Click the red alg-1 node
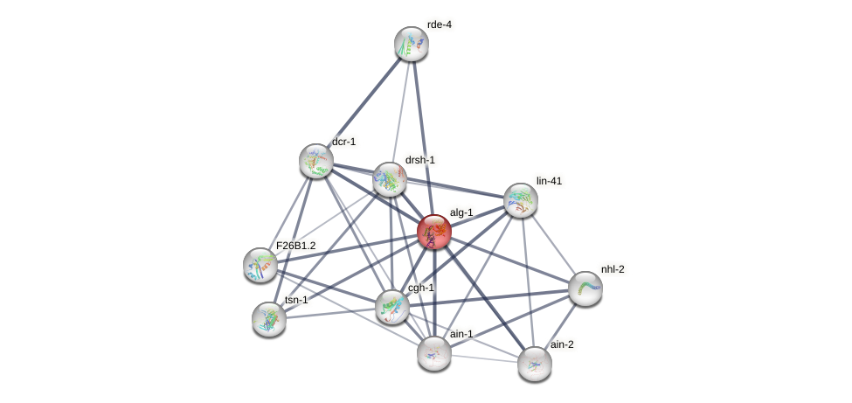coord(434,233)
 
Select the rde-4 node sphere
coord(412,44)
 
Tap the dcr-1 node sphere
coord(316,161)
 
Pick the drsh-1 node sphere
coord(390,179)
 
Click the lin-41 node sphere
coord(521,200)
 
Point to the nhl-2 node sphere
coord(585,288)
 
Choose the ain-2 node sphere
coord(535,363)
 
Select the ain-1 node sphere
coord(434,352)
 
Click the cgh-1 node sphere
coord(392,306)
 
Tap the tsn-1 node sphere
coord(269,318)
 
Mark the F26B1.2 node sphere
coord(260,264)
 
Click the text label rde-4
coord(439,24)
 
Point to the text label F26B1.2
coord(295,247)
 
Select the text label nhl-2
coord(613,268)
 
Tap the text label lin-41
coord(549,181)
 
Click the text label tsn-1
coord(296,300)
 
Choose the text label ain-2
coord(562,344)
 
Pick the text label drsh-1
coord(419,160)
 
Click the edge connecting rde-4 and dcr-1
coord(364,102)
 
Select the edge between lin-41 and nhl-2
coord(553,244)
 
